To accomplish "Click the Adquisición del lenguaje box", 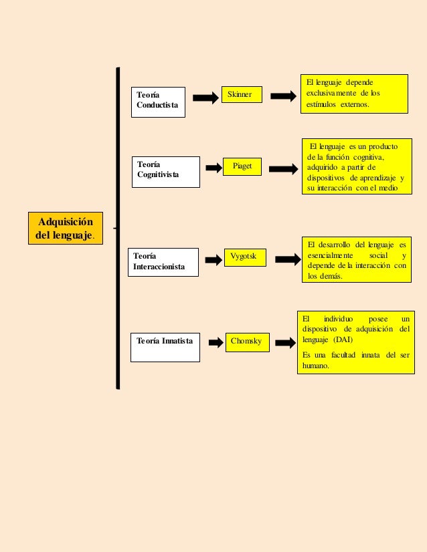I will coord(66,228).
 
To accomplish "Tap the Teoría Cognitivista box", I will coord(165,172).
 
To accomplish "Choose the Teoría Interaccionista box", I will coord(163,261).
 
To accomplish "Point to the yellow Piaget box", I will coord(242,166).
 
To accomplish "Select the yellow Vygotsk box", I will coord(244,256).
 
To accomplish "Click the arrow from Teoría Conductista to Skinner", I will coord(205,98).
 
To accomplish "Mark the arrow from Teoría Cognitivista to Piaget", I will coord(213,168).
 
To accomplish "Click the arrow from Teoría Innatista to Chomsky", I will coord(216,343).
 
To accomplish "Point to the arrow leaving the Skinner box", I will coord(283,96).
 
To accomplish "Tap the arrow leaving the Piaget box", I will coord(283,170).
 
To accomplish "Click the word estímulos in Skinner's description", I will coord(321,105).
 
